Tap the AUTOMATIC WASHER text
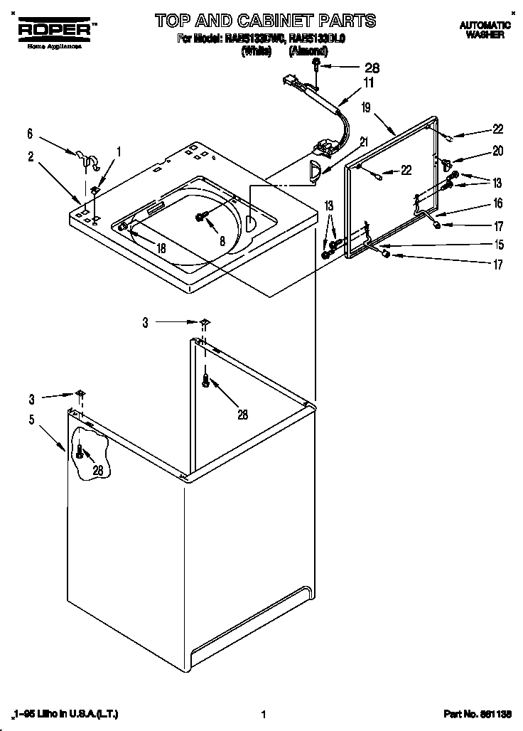click(485, 29)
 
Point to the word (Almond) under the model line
click(308, 50)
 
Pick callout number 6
click(30, 133)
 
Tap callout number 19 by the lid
click(366, 108)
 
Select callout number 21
click(363, 142)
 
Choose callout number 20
click(497, 150)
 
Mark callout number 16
click(497, 203)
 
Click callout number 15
click(498, 245)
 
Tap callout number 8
click(222, 241)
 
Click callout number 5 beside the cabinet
click(32, 420)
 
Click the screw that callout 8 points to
click(201, 216)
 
